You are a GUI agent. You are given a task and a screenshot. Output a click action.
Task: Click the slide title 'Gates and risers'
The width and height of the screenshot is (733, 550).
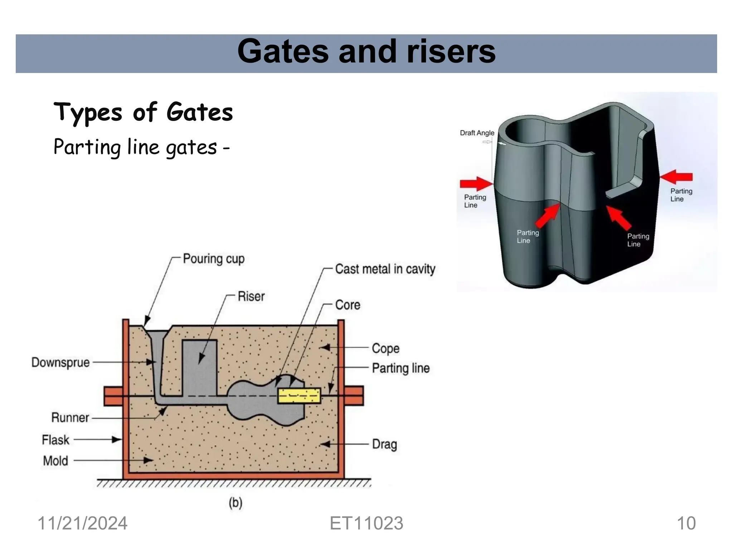click(366, 52)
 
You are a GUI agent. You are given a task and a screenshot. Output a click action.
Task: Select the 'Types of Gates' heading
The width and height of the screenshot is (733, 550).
click(143, 112)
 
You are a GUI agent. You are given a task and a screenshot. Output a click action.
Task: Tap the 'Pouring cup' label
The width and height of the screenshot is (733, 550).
click(214, 259)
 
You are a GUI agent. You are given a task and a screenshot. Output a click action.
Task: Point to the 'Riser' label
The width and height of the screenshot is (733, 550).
click(251, 296)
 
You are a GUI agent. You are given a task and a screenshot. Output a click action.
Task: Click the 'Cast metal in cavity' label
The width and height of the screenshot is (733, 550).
click(385, 269)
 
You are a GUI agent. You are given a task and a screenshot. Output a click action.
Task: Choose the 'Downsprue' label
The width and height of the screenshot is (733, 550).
click(60, 362)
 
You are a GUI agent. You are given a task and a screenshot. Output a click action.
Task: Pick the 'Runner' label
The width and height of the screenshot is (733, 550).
click(70, 418)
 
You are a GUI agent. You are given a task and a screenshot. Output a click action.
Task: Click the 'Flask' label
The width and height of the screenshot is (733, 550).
click(55, 440)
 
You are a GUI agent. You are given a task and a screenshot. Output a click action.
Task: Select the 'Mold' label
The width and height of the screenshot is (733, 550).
click(55, 461)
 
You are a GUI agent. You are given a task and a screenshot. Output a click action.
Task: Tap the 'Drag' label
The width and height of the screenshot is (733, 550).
click(384, 444)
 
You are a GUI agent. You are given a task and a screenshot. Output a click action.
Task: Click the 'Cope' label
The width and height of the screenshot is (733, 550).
click(385, 348)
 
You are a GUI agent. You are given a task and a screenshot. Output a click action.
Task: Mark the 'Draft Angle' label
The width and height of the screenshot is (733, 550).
click(477, 133)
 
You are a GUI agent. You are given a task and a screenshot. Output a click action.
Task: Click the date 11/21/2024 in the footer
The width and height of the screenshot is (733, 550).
click(82, 524)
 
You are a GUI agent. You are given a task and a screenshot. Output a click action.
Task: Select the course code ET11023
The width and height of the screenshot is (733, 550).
click(366, 524)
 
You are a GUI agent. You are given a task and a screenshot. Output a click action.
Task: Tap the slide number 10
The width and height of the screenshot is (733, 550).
click(686, 524)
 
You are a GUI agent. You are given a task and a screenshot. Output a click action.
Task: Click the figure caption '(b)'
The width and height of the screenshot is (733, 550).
click(236, 503)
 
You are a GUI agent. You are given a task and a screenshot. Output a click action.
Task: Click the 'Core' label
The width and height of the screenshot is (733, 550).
click(348, 305)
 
